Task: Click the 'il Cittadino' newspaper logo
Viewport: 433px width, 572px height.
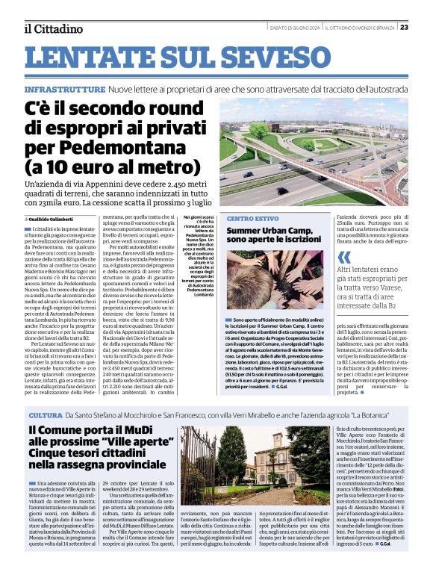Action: click(52, 29)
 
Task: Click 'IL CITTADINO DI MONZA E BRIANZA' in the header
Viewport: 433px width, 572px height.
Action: click(360, 27)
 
